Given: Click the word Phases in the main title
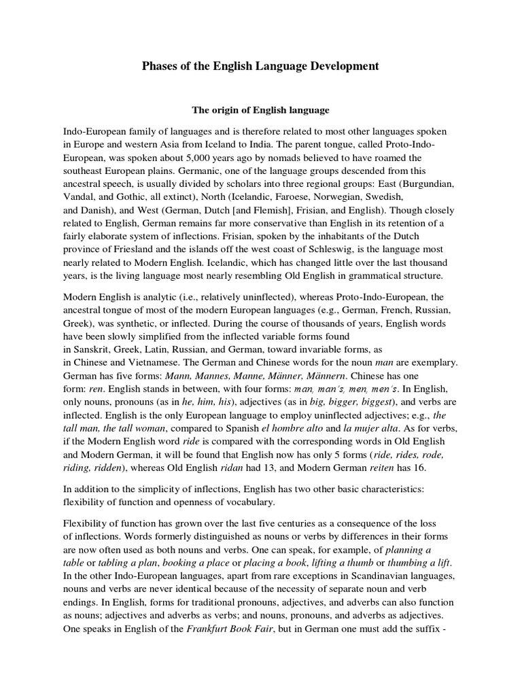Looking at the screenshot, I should click(x=159, y=67).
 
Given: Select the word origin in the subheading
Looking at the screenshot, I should click(x=224, y=110).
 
